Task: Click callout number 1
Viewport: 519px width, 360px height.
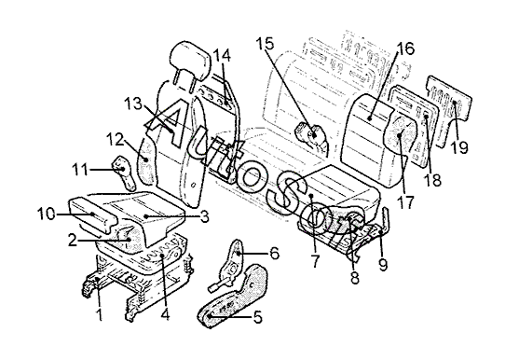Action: [99, 314]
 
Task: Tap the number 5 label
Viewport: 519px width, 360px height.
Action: [258, 317]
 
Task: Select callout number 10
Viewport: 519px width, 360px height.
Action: [47, 214]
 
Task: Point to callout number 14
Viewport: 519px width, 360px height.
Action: [222, 55]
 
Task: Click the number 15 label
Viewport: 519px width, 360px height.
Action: [266, 44]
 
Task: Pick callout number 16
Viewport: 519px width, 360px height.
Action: [405, 48]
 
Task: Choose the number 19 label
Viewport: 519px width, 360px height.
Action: [460, 147]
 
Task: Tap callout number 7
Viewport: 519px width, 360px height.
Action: [315, 261]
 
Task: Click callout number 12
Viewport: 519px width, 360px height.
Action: [115, 140]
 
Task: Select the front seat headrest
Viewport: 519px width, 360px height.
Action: [191, 62]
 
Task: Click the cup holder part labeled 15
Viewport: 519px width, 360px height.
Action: [311, 135]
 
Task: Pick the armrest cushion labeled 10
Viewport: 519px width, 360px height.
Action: [92, 215]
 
